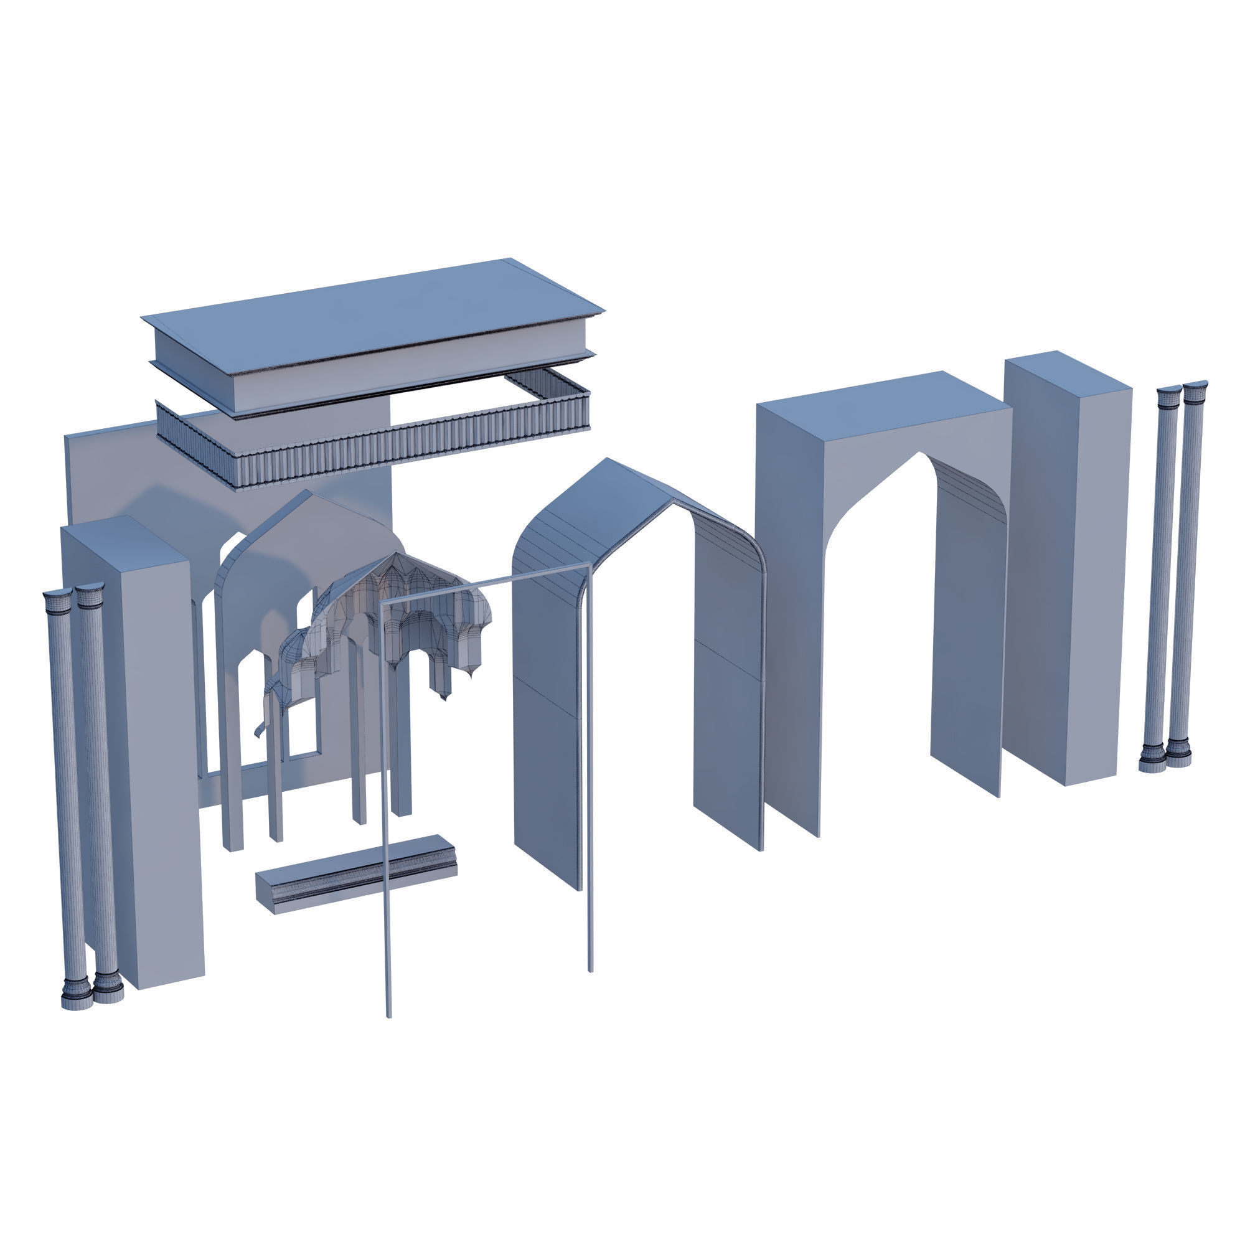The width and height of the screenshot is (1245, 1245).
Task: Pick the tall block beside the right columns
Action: pyautogui.click(x=1069, y=567)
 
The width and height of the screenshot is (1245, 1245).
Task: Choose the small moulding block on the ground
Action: pyautogui.click(x=354, y=873)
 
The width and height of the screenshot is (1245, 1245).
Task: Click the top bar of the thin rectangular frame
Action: pyautogui.click(x=483, y=583)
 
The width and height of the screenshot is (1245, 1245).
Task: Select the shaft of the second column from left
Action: pyautogui.click(x=100, y=792)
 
